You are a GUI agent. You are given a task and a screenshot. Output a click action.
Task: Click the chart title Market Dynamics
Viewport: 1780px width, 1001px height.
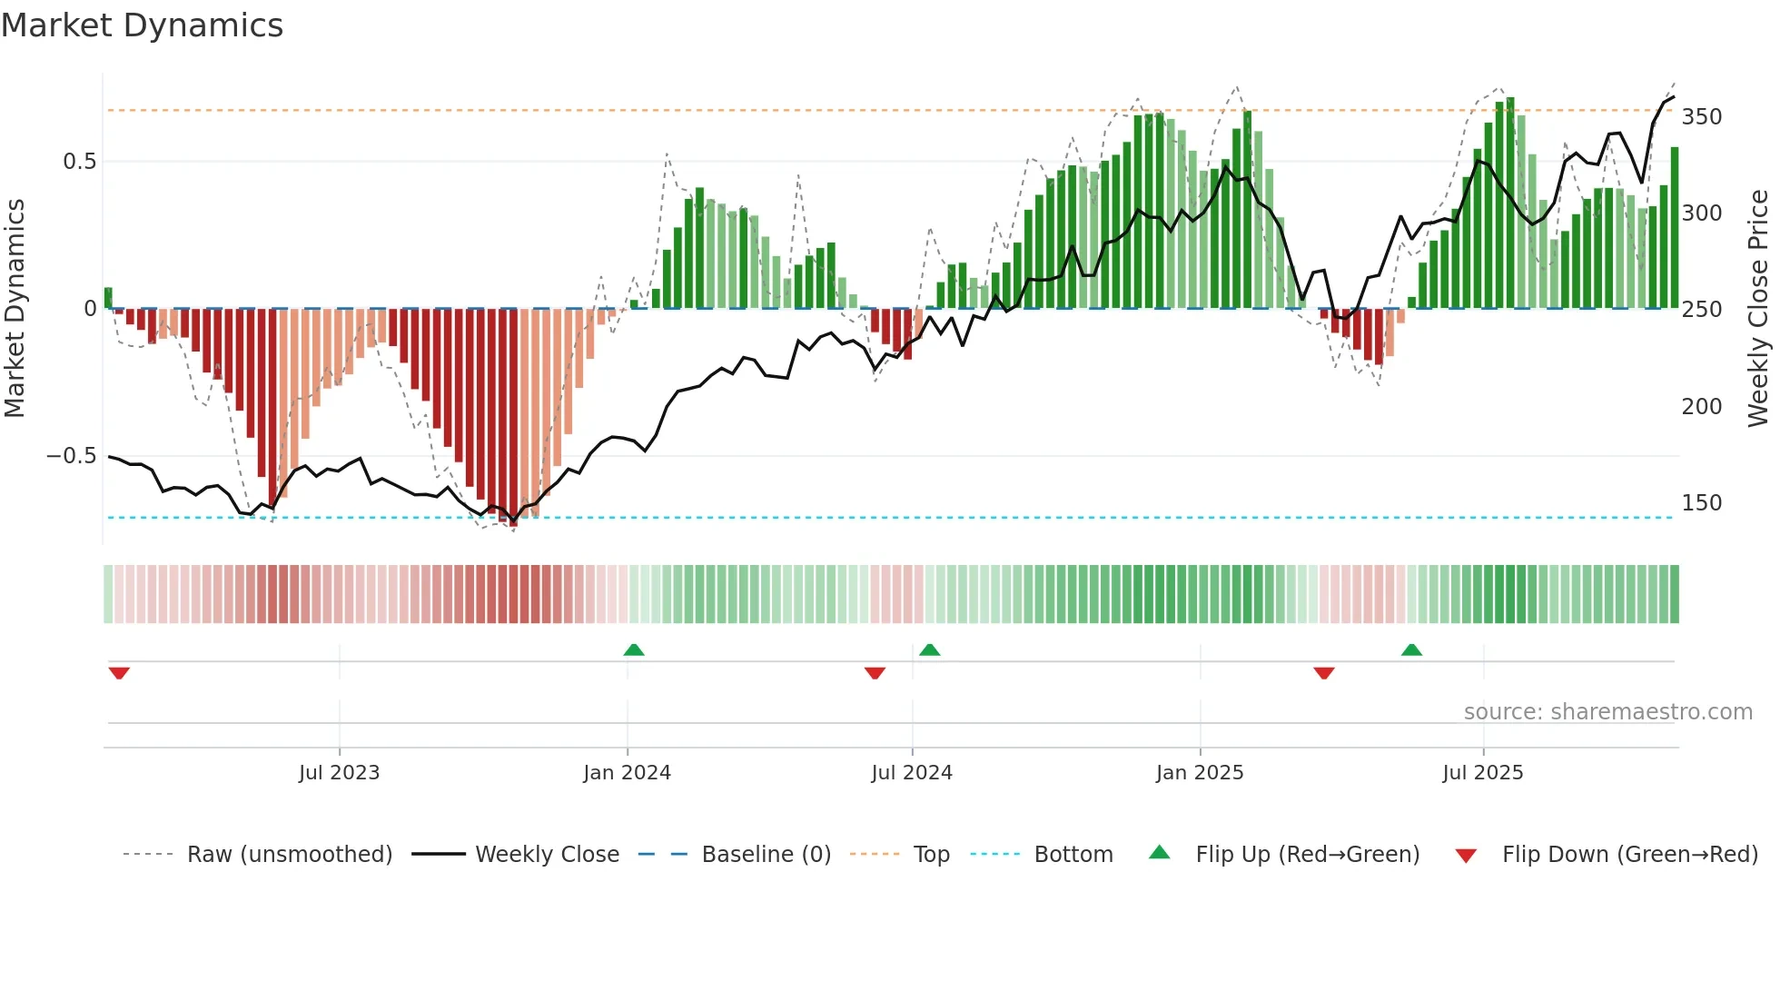[x=142, y=25]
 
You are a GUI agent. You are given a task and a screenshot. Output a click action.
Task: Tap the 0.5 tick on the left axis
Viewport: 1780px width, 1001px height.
[x=79, y=162]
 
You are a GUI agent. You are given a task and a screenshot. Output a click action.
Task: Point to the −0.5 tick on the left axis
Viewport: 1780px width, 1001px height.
[x=72, y=456]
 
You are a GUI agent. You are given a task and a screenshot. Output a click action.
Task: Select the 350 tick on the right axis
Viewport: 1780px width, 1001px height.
[x=1701, y=117]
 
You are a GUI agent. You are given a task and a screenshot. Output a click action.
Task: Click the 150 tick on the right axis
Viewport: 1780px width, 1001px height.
[x=1701, y=503]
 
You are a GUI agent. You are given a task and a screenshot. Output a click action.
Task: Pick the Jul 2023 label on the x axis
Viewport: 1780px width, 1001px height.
[x=339, y=773]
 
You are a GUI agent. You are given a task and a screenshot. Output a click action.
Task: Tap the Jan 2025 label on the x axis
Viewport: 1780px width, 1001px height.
[x=1199, y=773]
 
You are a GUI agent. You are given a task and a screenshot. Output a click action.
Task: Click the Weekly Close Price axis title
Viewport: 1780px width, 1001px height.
[x=1758, y=309]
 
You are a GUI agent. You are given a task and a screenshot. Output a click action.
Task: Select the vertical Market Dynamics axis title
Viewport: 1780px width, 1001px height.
[x=15, y=309]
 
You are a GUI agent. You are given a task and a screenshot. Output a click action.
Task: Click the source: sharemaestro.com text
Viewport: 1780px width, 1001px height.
[x=1607, y=712]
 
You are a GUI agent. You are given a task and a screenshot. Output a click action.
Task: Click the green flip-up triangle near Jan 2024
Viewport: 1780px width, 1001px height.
[x=634, y=650]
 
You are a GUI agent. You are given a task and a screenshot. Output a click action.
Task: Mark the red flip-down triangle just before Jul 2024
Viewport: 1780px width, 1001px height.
[x=875, y=673]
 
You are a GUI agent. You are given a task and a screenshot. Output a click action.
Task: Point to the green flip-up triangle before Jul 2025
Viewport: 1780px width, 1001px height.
[x=1411, y=650]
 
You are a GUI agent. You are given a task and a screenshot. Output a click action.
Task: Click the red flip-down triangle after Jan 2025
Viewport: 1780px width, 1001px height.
[x=1323, y=673]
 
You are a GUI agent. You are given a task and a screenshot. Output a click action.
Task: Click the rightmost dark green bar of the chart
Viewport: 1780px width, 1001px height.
[x=1675, y=227]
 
